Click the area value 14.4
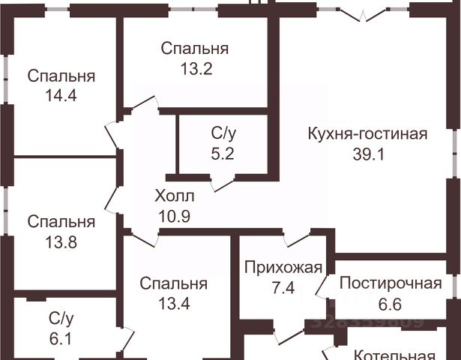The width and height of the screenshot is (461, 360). (x=61, y=95)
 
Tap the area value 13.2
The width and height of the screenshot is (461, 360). (x=195, y=68)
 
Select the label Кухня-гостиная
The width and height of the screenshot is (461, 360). (x=367, y=134)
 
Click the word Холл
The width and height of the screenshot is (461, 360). (x=174, y=196)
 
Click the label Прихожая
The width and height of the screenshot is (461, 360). (x=284, y=267)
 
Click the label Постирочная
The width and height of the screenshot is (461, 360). (x=389, y=283)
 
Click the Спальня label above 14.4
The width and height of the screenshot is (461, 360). (x=61, y=76)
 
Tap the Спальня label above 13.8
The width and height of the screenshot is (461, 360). (x=61, y=222)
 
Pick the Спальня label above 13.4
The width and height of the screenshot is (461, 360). (x=172, y=283)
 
